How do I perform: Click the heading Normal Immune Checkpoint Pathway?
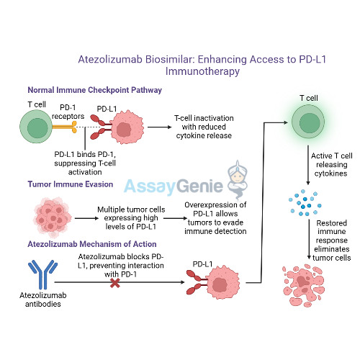tap(94, 91)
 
